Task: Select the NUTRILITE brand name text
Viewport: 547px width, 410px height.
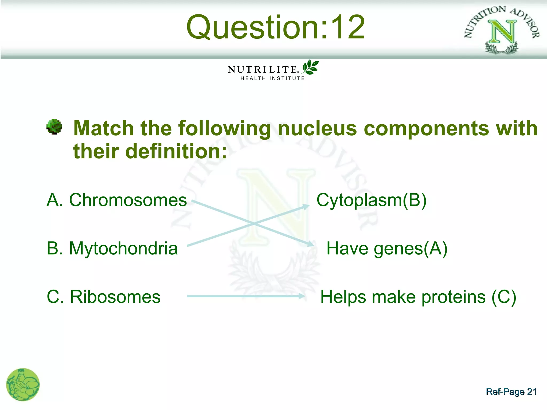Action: coord(262,70)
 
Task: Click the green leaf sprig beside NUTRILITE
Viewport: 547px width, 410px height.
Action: coord(310,67)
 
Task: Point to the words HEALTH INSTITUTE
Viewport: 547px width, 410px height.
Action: coord(272,78)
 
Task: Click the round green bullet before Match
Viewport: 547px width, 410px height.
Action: coord(54,127)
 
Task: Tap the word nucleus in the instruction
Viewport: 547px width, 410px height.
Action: coord(317,128)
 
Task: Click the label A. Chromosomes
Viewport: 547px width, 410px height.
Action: coord(117,200)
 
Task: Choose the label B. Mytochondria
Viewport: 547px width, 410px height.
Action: coord(112,248)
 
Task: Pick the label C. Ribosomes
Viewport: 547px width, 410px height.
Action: coord(104,297)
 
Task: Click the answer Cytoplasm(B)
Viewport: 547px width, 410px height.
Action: coord(371,200)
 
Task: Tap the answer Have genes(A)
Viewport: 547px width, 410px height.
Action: coord(387,249)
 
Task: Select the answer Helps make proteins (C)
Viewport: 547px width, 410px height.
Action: coord(418,297)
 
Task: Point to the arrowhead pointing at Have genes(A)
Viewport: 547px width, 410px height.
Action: coord(310,244)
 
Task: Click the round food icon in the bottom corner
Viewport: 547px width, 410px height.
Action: coord(23,385)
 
